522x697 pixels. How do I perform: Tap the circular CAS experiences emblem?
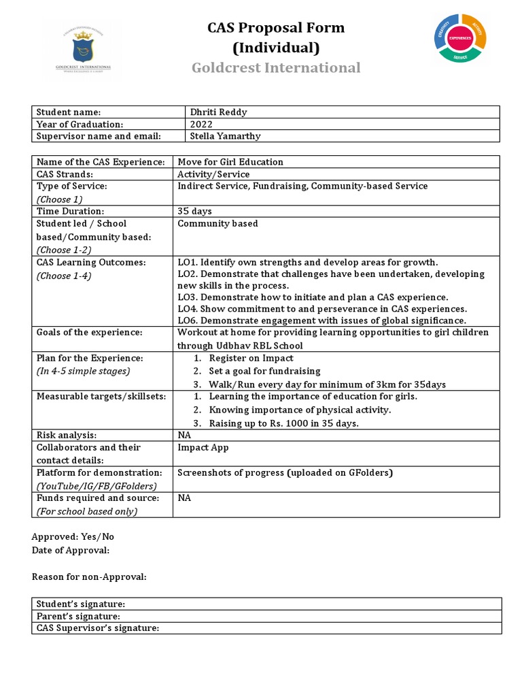(460, 38)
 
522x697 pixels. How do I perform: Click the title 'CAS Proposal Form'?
(275, 28)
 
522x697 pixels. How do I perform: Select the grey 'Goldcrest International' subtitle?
(275, 67)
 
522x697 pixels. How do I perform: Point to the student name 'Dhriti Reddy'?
(219, 112)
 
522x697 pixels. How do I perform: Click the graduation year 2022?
(202, 124)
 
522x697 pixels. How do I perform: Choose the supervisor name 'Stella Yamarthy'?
(226, 136)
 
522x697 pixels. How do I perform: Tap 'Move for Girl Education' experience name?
(230, 162)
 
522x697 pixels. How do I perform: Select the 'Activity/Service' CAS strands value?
(213, 174)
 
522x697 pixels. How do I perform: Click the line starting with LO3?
(313, 297)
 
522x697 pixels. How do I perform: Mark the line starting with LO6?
(321, 321)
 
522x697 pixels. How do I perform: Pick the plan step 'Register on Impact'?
(251, 358)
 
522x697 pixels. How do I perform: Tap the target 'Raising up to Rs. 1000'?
(283, 423)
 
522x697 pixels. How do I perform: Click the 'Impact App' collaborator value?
(203, 447)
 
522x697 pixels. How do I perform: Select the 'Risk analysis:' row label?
(67, 435)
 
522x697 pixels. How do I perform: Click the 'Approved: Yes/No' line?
(73, 536)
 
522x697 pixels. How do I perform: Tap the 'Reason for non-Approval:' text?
(89, 577)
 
